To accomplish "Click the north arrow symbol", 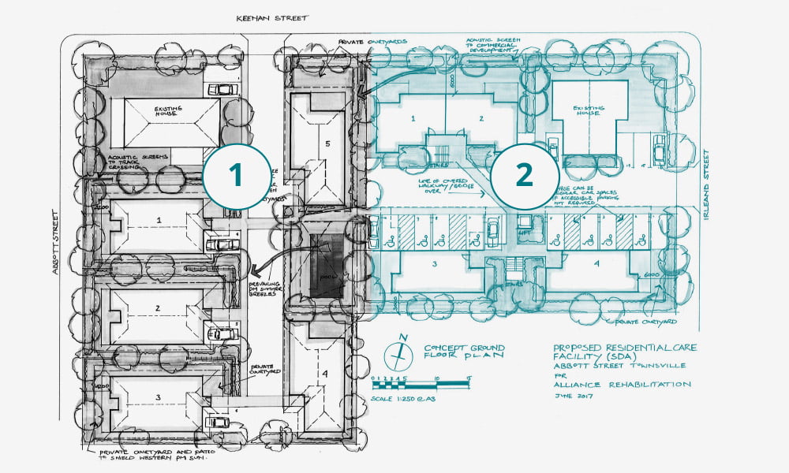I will (404, 350).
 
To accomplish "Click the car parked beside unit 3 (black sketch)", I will (217, 423).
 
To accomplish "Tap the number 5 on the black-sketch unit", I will (326, 144).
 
